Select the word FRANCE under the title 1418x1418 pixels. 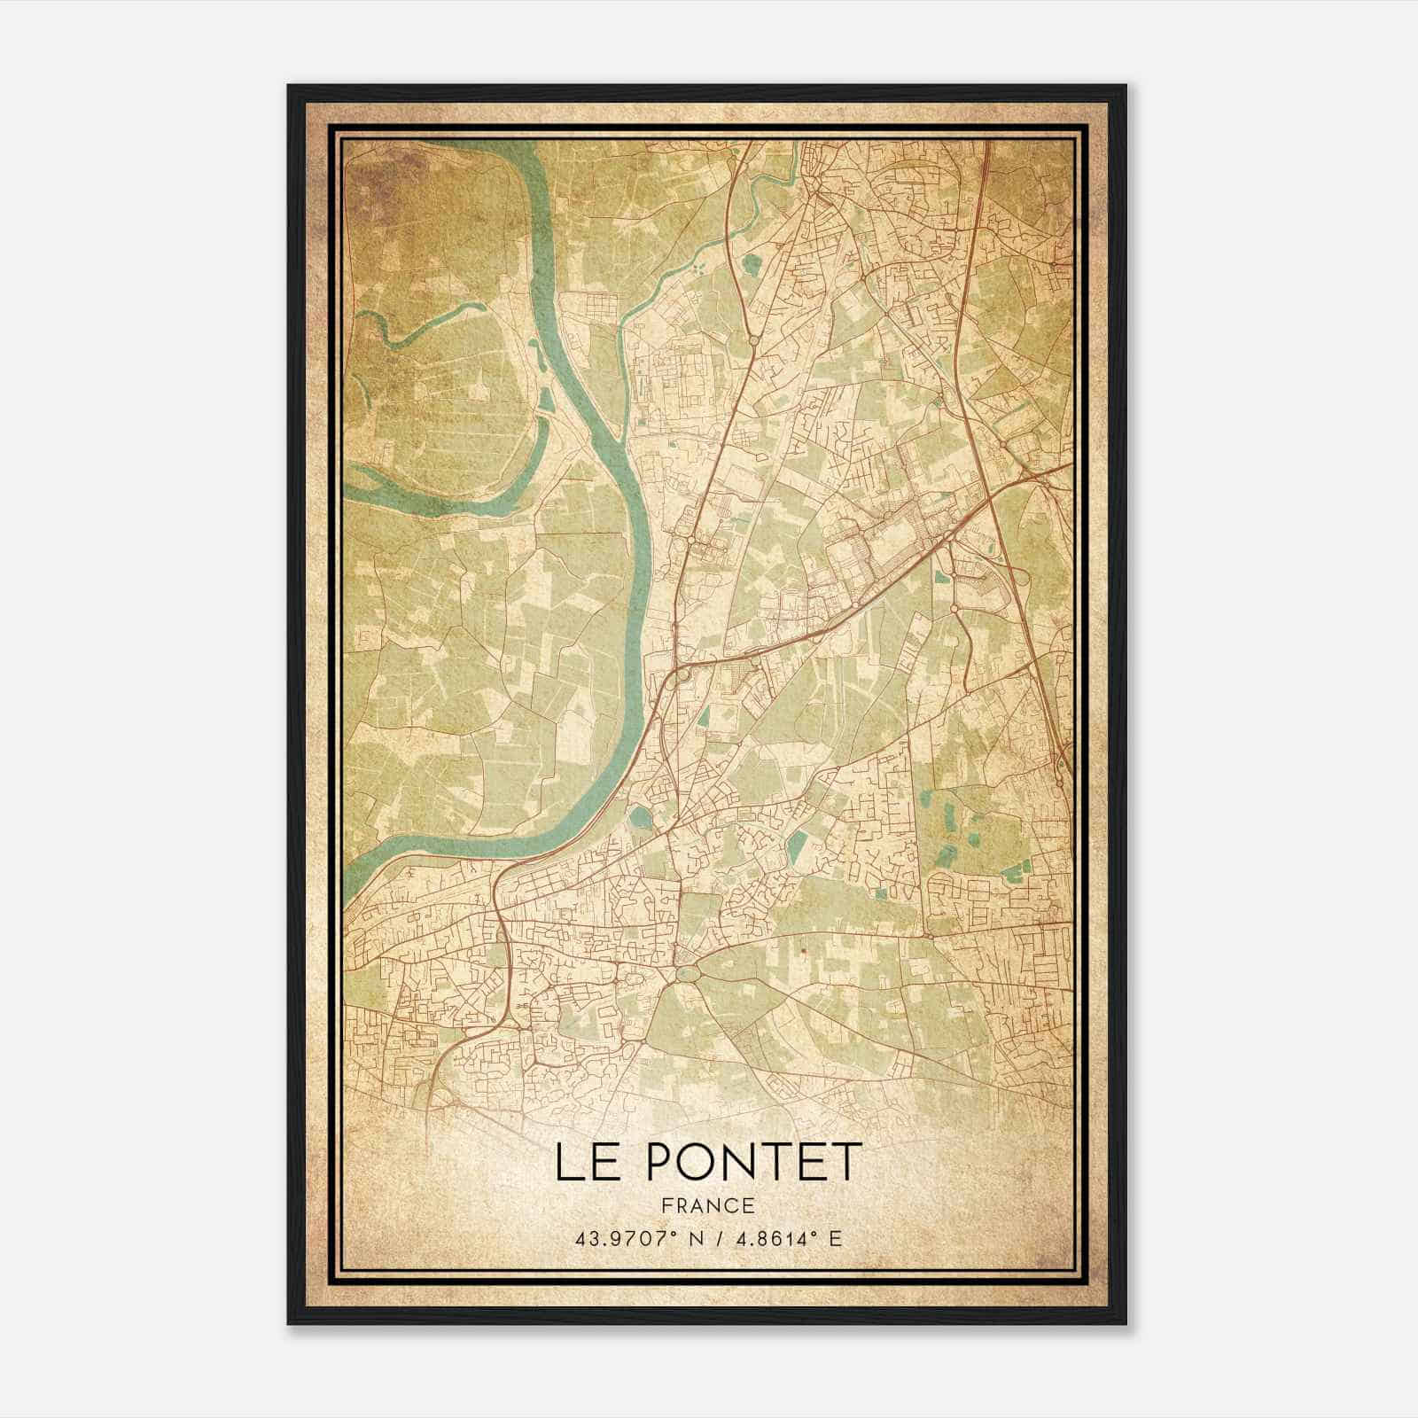coord(709,1206)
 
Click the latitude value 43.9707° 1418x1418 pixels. coord(627,1238)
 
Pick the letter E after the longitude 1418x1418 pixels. coord(834,1238)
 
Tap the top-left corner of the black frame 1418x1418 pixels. coord(289,86)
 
